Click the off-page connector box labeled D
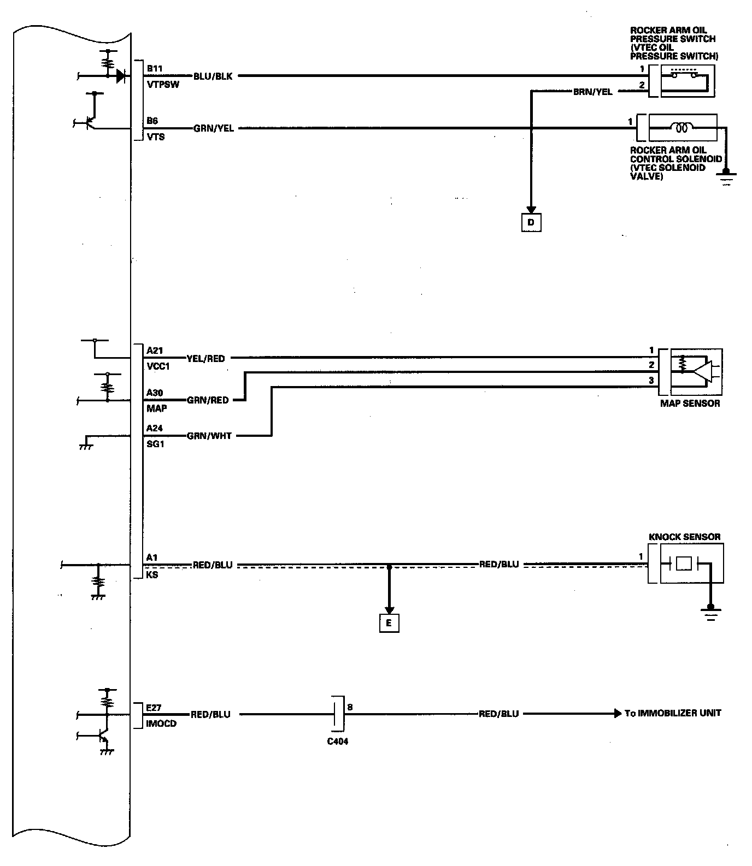point(531,223)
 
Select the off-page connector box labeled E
point(389,623)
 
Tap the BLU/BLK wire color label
point(213,76)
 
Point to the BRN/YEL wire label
point(592,92)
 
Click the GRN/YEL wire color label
point(213,129)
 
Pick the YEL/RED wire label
point(205,359)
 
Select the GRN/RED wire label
point(208,400)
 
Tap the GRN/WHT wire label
point(209,436)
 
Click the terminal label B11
point(155,69)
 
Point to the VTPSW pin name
point(163,85)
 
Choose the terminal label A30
point(155,393)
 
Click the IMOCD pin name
point(161,724)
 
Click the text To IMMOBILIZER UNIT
point(673,713)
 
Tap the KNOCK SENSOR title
point(684,537)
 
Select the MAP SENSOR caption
point(690,404)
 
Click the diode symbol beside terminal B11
point(121,76)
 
